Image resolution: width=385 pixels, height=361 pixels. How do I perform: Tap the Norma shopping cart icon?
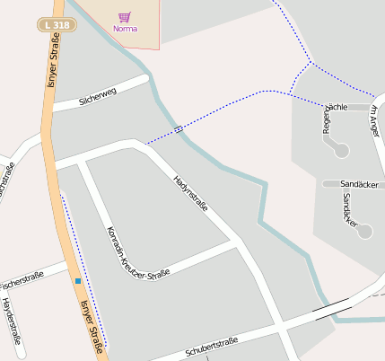(x=124, y=17)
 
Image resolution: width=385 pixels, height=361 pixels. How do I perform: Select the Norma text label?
(x=126, y=28)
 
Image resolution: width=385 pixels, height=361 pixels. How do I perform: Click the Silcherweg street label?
(x=98, y=94)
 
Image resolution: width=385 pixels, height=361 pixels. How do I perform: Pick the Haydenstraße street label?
(x=12, y=321)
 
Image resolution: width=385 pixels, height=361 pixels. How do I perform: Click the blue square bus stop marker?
(x=78, y=281)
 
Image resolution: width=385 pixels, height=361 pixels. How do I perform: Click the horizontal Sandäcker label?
(x=359, y=183)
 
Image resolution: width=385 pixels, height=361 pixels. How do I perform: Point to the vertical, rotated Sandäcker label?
(x=350, y=209)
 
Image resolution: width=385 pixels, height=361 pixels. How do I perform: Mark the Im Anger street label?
(x=375, y=120)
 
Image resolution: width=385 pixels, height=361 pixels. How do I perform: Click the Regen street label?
(x=327, y=123)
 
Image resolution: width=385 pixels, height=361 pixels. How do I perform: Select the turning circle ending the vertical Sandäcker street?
(x=363, y=231)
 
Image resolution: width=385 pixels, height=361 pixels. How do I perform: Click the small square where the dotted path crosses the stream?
(x=179, y=129)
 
